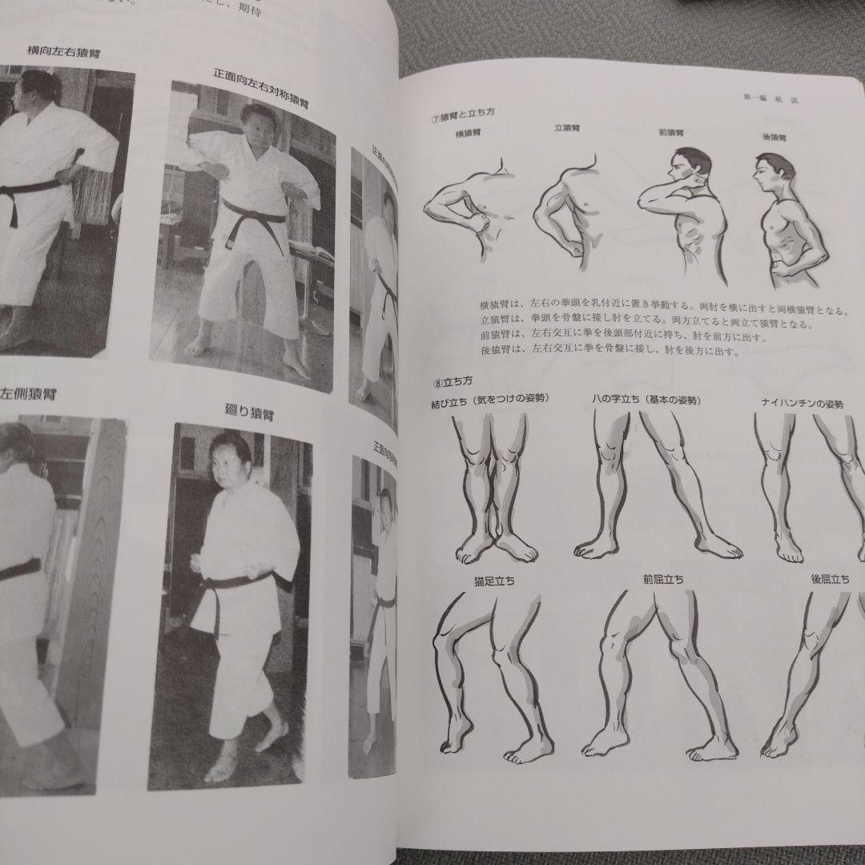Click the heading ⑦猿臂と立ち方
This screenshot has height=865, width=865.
tap(462, 115)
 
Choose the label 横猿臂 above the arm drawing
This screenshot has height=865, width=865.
tap(468, 133)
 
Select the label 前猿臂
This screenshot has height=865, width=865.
tap(671, 133)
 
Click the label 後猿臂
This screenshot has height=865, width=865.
tap(775, 137)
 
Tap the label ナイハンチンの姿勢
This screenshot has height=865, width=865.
tap(802, 404)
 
